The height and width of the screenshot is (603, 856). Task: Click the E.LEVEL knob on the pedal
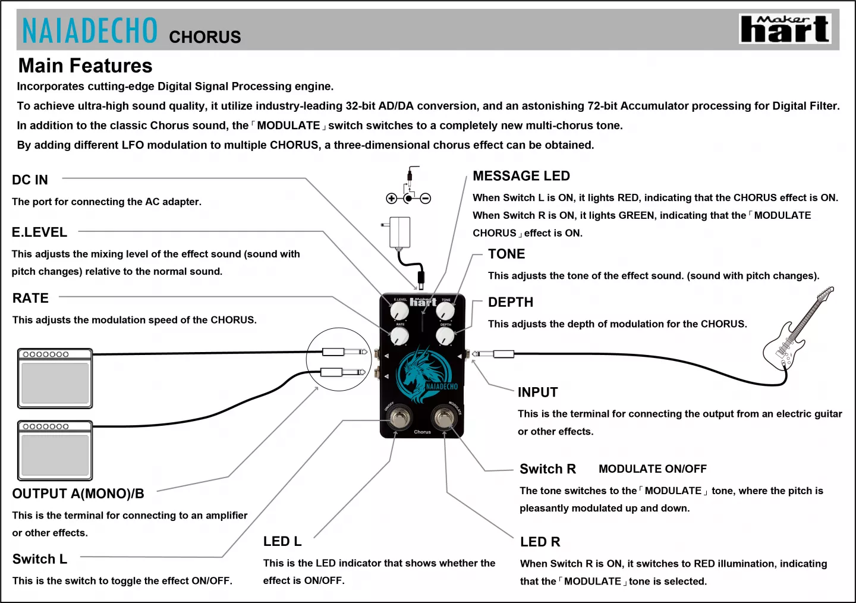coord(399,310)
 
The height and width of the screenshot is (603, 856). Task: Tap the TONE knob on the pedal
coord(445,310)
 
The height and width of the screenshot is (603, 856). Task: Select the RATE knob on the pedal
coord(399,336)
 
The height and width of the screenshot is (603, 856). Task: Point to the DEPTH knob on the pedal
coord(445,336)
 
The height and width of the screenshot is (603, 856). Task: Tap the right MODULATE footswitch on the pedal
coord(443,418)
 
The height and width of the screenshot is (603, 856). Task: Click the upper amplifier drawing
coord(55,378)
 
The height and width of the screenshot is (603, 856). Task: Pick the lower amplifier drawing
coord(55,450)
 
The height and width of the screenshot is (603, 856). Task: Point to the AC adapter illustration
coord(400,232)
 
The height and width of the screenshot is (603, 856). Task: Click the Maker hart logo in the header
coord(785,29)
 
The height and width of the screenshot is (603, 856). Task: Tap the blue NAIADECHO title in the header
coord(90,30)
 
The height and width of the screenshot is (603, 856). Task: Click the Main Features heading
coord(85,65)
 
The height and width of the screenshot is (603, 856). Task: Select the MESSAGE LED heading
coord(521,176)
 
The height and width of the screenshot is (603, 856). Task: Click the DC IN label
coord(30,180)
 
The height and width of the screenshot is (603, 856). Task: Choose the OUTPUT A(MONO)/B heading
coord(78,494)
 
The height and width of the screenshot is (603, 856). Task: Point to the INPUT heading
coord(537,392)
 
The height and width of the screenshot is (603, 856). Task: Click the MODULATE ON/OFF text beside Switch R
coord(652,469)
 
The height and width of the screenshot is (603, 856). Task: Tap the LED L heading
coord(282,541)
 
